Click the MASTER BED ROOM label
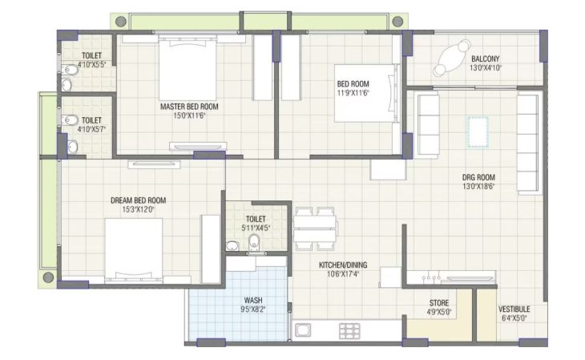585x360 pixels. tap(189, 107)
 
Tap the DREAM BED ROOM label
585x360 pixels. tap(138, 200)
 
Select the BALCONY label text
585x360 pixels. tap(485, 59)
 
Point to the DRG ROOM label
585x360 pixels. tap(478, 177)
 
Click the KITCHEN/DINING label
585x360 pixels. tap(343, 265)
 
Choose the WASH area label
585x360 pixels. tap(253, 300)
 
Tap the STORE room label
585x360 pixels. tap(439, 303)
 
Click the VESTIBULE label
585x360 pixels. tap(514, 309)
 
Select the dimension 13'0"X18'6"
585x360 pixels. tap(478, 186)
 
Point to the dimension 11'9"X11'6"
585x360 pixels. tap(353, 93)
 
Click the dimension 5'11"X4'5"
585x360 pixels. tap(256, 228)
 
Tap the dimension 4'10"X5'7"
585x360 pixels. tap(91, 129)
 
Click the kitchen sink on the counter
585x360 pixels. tap(303, 330)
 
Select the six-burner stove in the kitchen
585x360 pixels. tap(349, 331)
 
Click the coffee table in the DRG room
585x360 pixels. tap(478, 131)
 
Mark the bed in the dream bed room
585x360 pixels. tap(134, 250)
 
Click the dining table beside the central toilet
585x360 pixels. tap(315, 229)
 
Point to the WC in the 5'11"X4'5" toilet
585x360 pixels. tap(254, 242)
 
